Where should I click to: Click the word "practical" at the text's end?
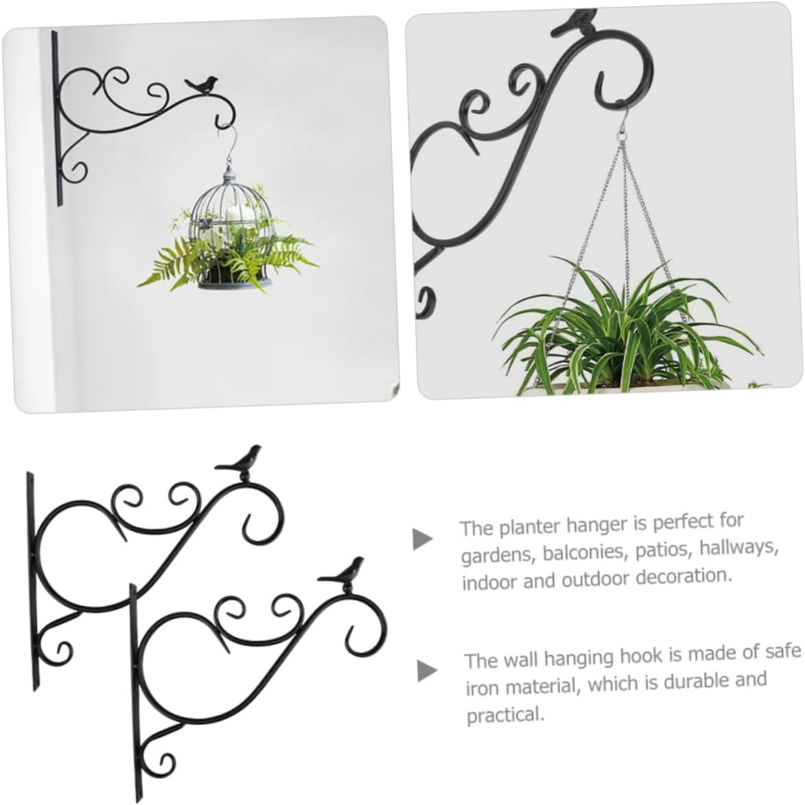[505, 716]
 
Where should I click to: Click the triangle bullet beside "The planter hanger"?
[423, 539]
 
